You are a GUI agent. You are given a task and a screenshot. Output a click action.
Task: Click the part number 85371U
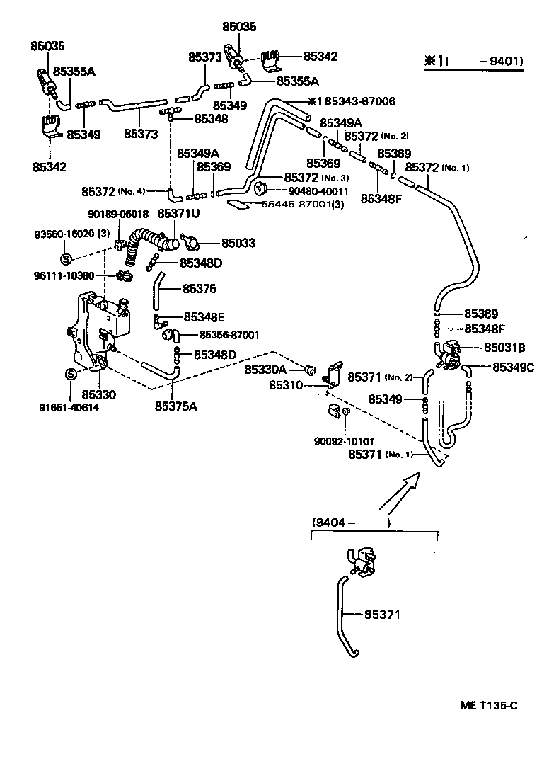[x=178, y=213]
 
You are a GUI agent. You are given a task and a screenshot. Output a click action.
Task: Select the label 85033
[x=238, y=243]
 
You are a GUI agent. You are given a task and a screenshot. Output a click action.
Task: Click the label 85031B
[x=504, y=348]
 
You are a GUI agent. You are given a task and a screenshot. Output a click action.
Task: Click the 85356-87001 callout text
[x=229, y=335]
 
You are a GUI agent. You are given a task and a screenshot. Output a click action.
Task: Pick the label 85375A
[x=178, y=406]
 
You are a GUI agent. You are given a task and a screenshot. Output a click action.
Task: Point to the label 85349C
[x=514, y=367]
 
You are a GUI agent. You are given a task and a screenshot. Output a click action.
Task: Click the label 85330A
[x=265, y=370]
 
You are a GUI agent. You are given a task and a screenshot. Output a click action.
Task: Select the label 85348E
[x=204, y=317]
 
